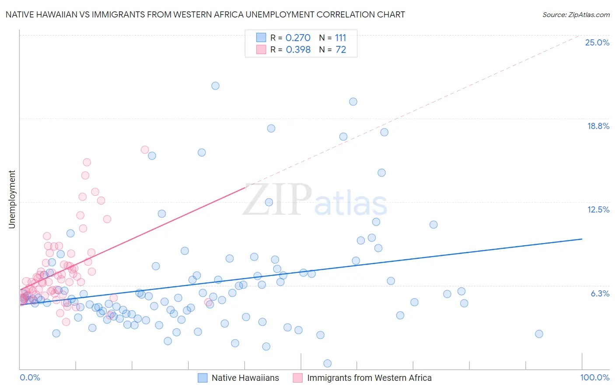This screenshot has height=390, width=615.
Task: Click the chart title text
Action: [205, 14]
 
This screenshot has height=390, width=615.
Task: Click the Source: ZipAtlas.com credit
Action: [576, 14]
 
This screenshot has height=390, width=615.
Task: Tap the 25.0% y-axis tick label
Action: [597, 42]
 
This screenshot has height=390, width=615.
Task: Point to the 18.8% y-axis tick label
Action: [598, 126]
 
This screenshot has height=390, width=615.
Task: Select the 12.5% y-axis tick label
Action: [598, 209]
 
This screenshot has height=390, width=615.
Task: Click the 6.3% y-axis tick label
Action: [600, 293]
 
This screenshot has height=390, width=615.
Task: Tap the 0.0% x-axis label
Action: [30, 377]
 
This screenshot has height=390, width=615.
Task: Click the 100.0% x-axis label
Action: [594, 377]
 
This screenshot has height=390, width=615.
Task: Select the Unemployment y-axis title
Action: [12, 199]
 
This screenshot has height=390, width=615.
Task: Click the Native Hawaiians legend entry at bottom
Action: [245, 378]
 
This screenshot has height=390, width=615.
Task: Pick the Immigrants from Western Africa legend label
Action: [369, 378]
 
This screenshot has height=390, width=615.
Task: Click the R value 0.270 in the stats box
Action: [298, 38]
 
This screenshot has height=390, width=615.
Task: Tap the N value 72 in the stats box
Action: [341, 50]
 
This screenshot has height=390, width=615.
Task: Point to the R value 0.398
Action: [298, 50]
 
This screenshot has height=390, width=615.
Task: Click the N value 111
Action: [341, 38]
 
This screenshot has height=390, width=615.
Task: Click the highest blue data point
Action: [215, 86]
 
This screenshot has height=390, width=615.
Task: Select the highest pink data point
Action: [145, 150]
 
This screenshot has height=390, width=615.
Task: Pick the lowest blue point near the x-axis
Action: [327, 363]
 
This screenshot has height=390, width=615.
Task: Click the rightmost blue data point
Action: [539, 334]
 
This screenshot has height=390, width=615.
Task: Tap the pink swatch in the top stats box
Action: [261, 49]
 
